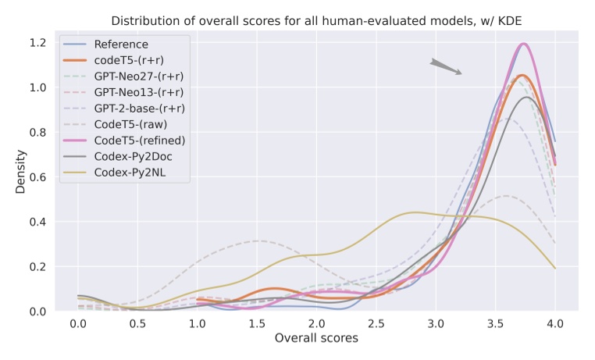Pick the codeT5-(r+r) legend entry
(x=130, y=60)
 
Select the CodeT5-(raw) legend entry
(x=130, y=123)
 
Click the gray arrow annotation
(x=445, y=67)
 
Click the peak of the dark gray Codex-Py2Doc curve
(x=528, y=97)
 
